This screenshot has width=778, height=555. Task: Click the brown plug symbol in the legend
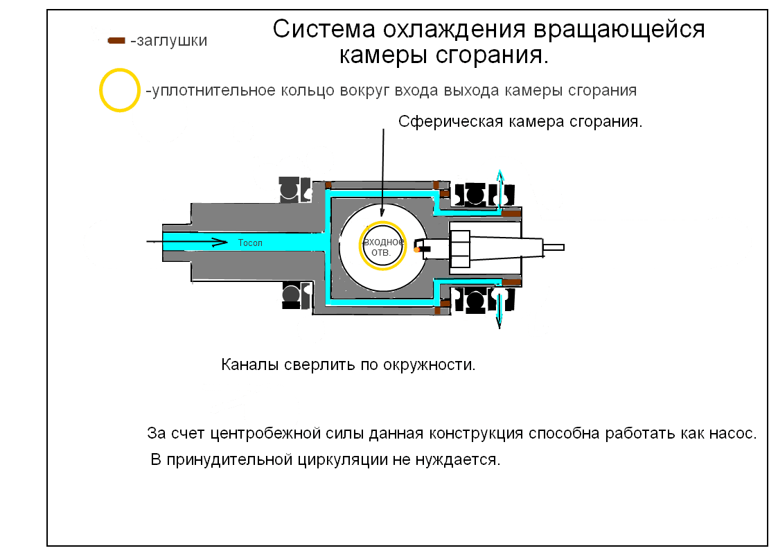click(x=116, y=41)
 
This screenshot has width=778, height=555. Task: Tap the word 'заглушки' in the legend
click(x=172, y=41)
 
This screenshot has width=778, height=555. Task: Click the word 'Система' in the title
click(x=324, y=29)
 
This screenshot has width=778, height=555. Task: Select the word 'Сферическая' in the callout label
click(x=450, y=122)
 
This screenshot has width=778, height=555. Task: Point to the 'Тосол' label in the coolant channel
click(x=250, y=243)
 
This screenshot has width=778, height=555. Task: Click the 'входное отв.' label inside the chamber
click(x=383, y=247)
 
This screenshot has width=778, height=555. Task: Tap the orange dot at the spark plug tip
click(x=417, y=249)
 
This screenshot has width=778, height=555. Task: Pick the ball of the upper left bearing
click(x=289, y=189)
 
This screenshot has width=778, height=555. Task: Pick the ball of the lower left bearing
click(x=291, y=295)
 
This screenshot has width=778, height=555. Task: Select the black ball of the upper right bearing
click(x=475, y=194)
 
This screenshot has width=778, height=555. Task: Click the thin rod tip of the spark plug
click(x=554, y=247)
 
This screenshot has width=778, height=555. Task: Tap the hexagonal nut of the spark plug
click(x=459, y=249)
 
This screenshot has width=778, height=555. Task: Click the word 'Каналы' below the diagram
click(x=250, y=365)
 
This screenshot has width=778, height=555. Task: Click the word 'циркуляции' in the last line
click(x=343, y=460)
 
